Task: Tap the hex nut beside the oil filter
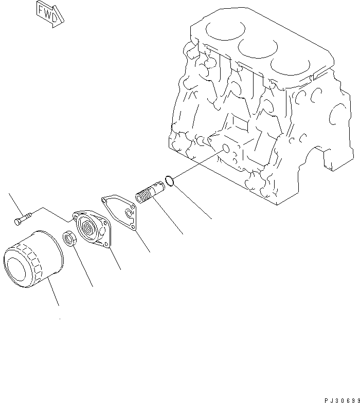click(69, 239)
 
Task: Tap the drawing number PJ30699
click(340, 399)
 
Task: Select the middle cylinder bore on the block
click(255, 49)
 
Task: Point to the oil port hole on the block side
click(224, 149)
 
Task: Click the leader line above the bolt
click(14, 203)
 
